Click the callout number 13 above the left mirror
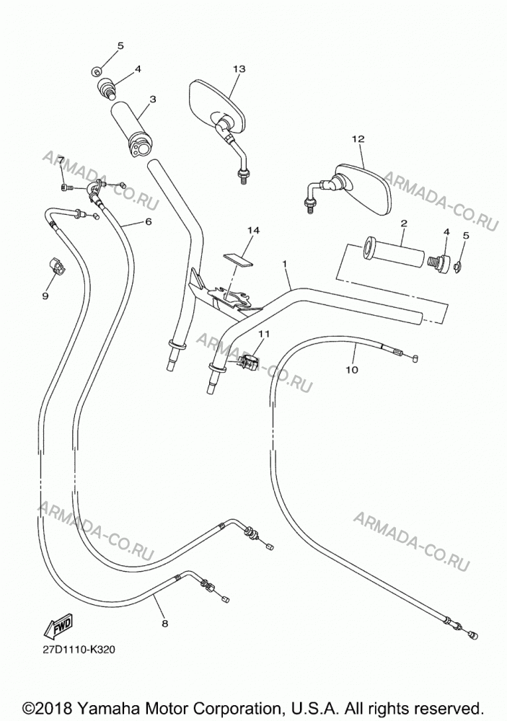tap(239, 69)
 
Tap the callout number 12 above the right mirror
tap(358, 139)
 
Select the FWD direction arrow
tap(60, 627)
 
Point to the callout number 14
tap(253, 231)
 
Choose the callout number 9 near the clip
tap(45, 296)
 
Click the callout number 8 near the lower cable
tap(164, 624)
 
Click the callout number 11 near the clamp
tap(264, 334)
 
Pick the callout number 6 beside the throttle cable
tap(148, 221)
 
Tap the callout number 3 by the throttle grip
tap(153, 99)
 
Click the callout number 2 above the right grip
tap(404, 224)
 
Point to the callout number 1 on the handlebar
tap(284, 263)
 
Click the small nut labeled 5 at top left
tap(97, 71)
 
